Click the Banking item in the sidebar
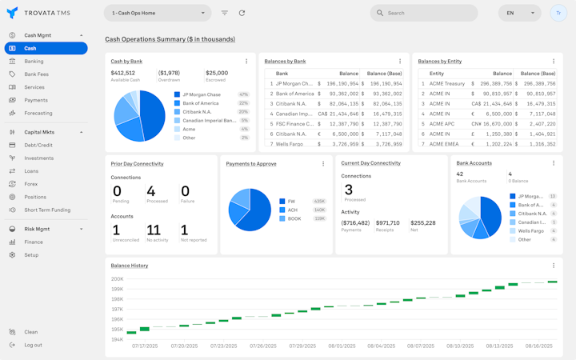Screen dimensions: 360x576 point(34,62)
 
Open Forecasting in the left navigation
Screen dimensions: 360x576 point(38,113)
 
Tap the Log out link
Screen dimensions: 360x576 point(33,345)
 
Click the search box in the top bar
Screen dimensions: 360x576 point(424,13)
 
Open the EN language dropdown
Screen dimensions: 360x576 point(519,13)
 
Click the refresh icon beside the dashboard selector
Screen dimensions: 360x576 point(242,13)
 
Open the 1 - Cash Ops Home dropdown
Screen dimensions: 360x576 point(158,13)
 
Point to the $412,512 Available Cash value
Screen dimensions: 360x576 point(122,73)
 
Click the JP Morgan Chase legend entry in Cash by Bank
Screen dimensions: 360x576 point(201,94)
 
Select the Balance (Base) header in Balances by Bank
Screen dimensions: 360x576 point(384,74)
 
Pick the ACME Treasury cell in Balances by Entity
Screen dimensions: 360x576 point(446,83)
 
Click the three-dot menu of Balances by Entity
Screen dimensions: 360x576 point(554,62)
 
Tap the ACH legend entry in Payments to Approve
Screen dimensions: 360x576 point(292,210)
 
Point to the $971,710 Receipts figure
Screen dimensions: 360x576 point(387,223)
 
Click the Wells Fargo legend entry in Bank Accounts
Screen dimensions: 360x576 point(531,230)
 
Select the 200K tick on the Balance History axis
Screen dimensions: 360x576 point(117,279)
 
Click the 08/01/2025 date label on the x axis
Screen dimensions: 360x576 point(342,346)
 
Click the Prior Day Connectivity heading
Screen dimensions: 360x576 point(137,164)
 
